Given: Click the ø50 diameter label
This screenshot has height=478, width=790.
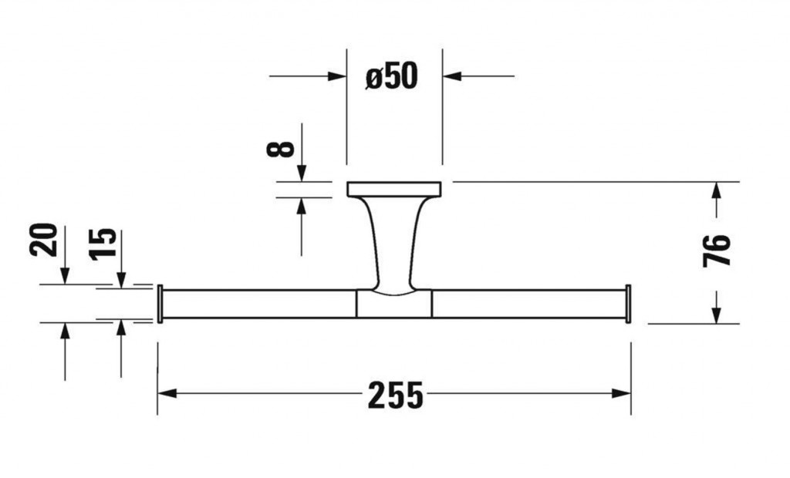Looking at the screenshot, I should point(391,76).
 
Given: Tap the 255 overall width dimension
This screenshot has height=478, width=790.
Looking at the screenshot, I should point(395,395).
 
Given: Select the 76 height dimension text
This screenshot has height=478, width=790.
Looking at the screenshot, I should point(716,249).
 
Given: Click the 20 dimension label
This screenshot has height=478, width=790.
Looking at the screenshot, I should point(45,239).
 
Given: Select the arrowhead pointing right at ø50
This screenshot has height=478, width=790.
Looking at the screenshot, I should point(337,76).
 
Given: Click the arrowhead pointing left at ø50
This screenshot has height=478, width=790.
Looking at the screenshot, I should point(452,76).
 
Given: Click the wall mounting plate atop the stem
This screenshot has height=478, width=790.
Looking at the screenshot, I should point(394,189).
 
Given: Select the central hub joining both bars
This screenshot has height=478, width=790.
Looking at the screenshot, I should point(394,304).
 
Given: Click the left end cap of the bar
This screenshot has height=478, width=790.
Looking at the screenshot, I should point(160,304).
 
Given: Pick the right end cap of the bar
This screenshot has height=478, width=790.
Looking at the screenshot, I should point(628,304).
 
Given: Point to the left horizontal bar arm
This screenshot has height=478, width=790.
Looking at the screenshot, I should point(258,304).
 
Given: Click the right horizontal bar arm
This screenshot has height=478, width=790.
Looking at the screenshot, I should point(528,304).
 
